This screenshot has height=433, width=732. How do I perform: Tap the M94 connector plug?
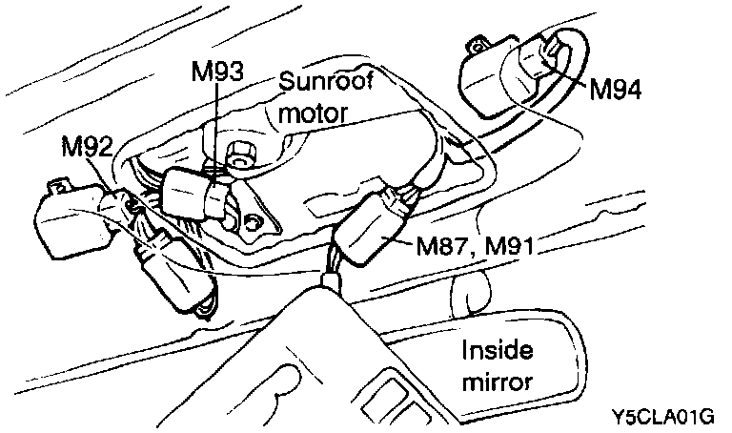(x=539, y=62)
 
